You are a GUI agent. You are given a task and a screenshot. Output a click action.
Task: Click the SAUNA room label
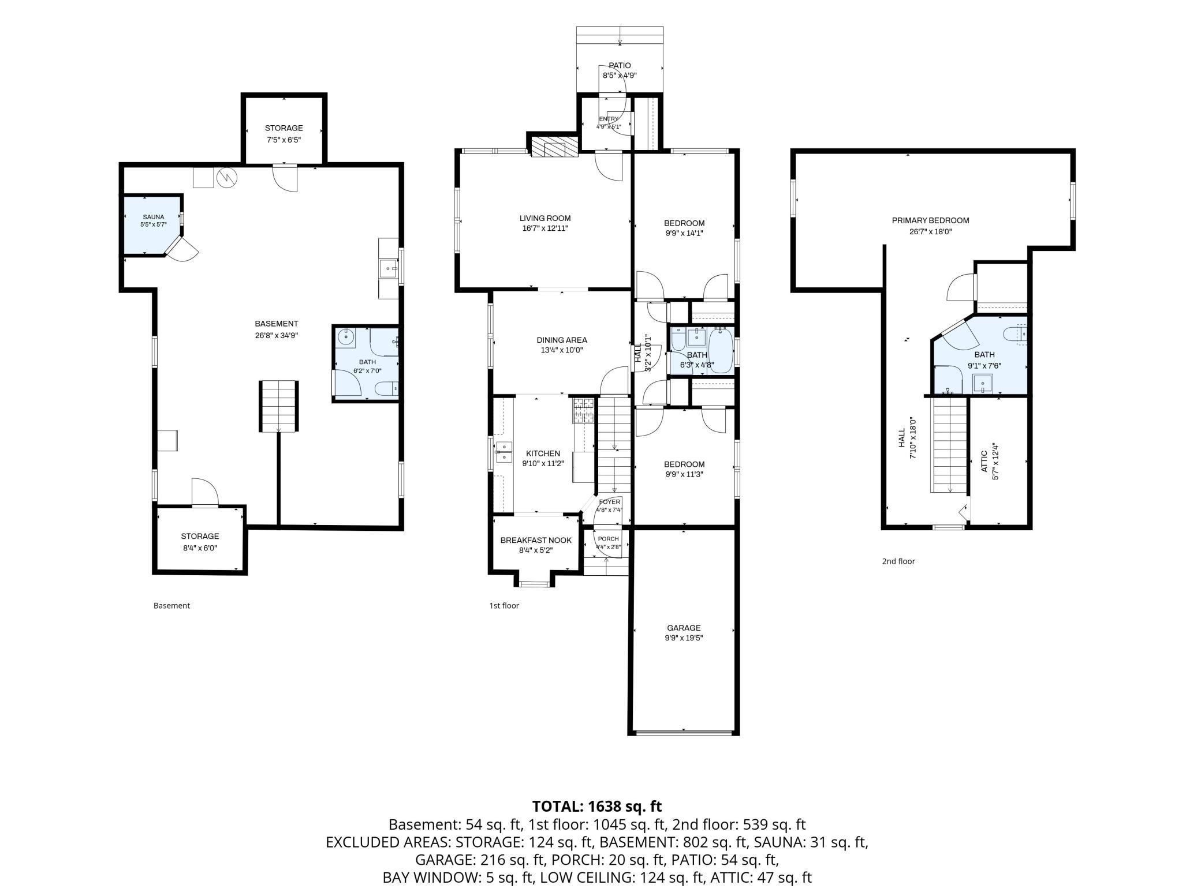click(154, 217)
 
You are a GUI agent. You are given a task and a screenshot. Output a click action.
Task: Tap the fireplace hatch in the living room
click(554, 147)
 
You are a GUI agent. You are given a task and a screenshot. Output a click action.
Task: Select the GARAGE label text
click(684, 628)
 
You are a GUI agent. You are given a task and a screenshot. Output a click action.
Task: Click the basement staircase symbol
click(278, 406)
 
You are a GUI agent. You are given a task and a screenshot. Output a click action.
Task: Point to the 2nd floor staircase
click(950, 445)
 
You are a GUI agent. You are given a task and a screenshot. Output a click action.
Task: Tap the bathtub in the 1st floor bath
click(720, 350)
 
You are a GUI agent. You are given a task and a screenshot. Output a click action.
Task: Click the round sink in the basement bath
click(346, 336)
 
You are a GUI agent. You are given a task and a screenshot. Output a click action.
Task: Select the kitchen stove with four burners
click(583, 411)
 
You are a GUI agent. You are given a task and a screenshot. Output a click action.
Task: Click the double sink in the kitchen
click(503, 452)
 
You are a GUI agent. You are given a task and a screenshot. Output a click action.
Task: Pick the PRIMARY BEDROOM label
click(930, 220)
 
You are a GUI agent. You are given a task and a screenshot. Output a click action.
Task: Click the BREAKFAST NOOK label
click(536, 540)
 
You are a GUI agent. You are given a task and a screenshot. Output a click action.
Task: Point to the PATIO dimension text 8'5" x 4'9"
click(620, 75)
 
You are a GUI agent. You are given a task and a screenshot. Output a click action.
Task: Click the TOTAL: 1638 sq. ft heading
click(597, 806)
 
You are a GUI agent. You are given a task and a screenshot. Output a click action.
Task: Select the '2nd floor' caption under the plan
click(898, 561)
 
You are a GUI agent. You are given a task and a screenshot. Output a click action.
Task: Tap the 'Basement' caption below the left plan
click(171, 605)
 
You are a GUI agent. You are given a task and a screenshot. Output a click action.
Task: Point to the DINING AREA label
click(562, 340)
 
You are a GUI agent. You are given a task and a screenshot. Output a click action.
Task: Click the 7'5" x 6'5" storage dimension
click(284, 140)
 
